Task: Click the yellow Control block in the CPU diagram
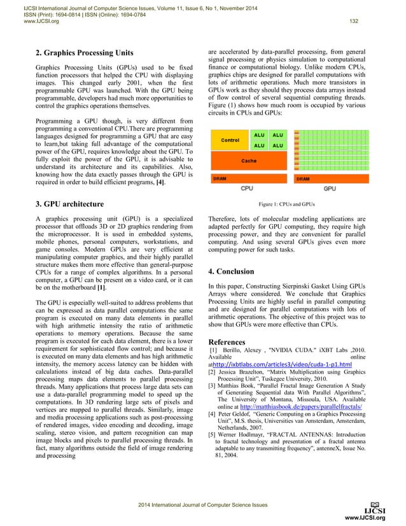coord(230,139)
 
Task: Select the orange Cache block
coord(249,161)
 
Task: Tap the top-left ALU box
coord(259,135)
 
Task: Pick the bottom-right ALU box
coord(277,146)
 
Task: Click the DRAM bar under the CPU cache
coord(249,179)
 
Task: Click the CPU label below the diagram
coord(247,188)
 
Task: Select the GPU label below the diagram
coord(330,188)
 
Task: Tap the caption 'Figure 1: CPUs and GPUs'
coord(287,205)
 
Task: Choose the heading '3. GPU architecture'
coord(70,204)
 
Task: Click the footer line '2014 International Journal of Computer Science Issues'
coord(203,504)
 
